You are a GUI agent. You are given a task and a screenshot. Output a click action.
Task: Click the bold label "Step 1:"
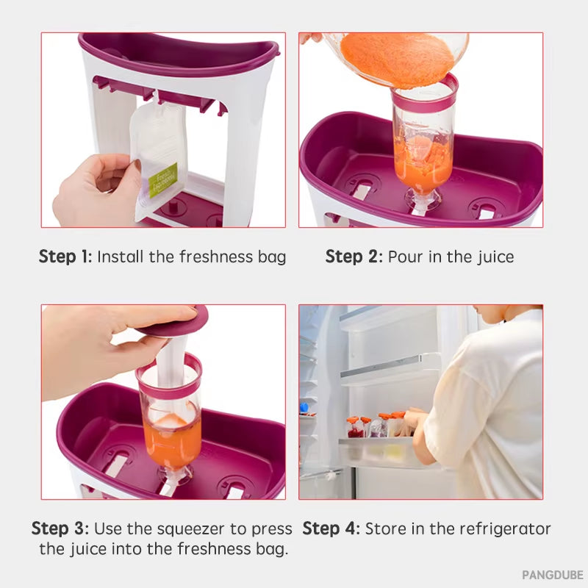coord(65,257)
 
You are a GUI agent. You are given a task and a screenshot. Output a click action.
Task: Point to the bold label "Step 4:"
coord(331,528)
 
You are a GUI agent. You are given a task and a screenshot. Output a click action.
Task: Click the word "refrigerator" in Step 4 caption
coord(504,528)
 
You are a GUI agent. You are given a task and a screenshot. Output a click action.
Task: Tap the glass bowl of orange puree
coord(397,55)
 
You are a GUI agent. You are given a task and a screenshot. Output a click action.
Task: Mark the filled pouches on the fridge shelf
coord(375,426)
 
